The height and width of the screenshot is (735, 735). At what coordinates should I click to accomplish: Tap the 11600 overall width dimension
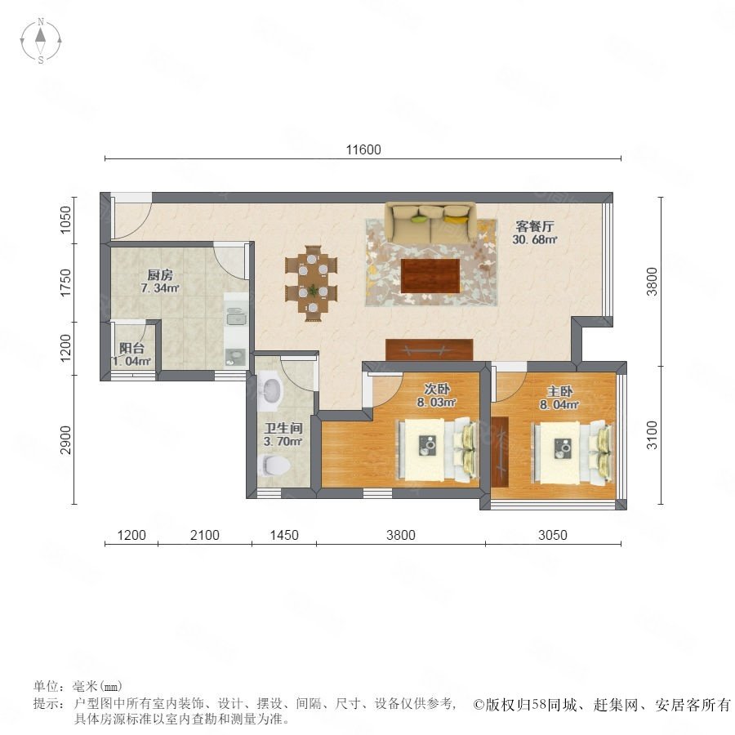pyautogui.click(x=363, y=149)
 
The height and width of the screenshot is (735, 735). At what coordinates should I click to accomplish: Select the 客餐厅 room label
pyautogui.click(x=535, y=226)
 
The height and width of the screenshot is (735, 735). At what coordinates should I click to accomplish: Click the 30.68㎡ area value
pyautogui.click(x=535, y=239)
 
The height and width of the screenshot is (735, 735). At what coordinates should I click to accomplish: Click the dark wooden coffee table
pyautogui.click(x=430, y=276)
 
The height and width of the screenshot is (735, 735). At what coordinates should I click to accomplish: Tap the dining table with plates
pyautogui.click(x=313, y=283)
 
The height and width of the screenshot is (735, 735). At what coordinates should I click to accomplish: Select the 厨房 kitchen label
pyautogui.click(x=160, y=274)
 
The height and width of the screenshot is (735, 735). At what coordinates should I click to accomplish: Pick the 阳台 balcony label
pyautogui.click(x=131, y=348)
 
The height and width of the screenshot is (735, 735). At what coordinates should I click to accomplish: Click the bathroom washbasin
pyautogui.click(x=271, y=390)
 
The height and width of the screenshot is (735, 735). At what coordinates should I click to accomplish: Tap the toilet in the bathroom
pyautogui.click(x=274, y=464)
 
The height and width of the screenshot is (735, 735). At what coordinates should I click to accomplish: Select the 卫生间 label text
pyautogui.click(x=283, y=428)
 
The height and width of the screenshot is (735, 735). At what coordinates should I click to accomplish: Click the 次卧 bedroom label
pyautogui.click(x=437, y=389)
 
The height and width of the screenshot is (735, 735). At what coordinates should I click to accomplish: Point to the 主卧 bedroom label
pyautogui.click(x=559, y=391)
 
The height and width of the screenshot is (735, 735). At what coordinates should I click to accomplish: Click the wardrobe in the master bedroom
pyautogui.click(x=500, y=452)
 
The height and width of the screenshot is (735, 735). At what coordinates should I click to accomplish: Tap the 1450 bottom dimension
pyautogui.click(x=284, y=535)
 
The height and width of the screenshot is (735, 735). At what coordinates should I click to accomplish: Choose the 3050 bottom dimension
pyautogui.click(x=553, y=535)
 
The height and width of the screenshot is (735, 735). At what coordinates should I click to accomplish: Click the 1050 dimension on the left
pyautogui.click(x=65, y=220)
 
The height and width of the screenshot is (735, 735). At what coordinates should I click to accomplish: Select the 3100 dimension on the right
pyautogui.click(x=652, y=435)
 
